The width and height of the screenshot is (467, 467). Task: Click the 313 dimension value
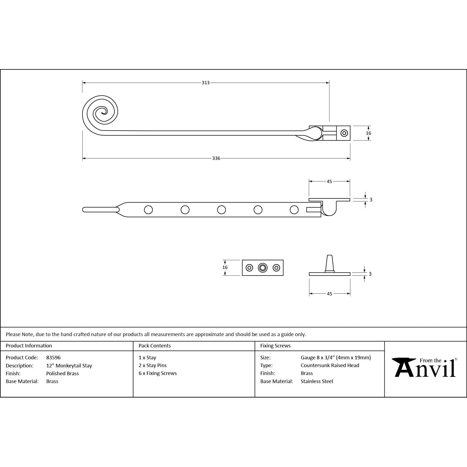(x=205, y=83)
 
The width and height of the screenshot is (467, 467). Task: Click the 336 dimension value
(x=216, y=158)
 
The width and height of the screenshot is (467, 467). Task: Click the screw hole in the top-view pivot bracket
(x=344, y=133)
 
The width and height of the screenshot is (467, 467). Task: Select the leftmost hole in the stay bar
(x=148, y=210)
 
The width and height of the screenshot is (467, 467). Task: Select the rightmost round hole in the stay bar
(x=294, y=210)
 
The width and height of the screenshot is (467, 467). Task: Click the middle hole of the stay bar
(x=221, y=210)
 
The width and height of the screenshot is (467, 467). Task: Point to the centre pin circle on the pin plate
(x=263, y=268)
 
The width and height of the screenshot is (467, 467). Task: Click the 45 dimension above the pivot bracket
(x=329, y=181)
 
